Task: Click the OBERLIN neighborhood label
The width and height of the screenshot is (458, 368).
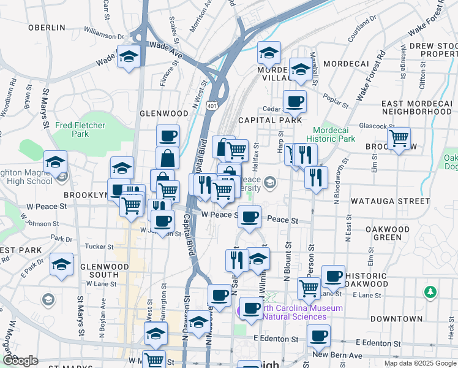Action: point(47,28)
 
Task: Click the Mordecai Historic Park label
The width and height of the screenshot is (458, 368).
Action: point(334,134)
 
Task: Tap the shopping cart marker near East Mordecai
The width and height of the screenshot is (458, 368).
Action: point(399,139)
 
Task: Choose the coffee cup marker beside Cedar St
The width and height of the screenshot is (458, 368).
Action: point(295,102)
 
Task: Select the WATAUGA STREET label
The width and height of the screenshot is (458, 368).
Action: point(390,201)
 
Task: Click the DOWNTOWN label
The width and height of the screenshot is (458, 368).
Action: point(396,319)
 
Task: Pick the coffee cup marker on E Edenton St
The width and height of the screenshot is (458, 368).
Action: point(318,336)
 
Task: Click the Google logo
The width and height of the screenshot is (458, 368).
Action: point(20,361)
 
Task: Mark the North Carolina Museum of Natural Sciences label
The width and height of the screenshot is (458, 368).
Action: point(294,312)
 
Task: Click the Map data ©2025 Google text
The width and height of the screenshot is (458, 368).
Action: point(420,363)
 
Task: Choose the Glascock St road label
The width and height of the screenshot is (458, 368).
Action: point(370,125)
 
